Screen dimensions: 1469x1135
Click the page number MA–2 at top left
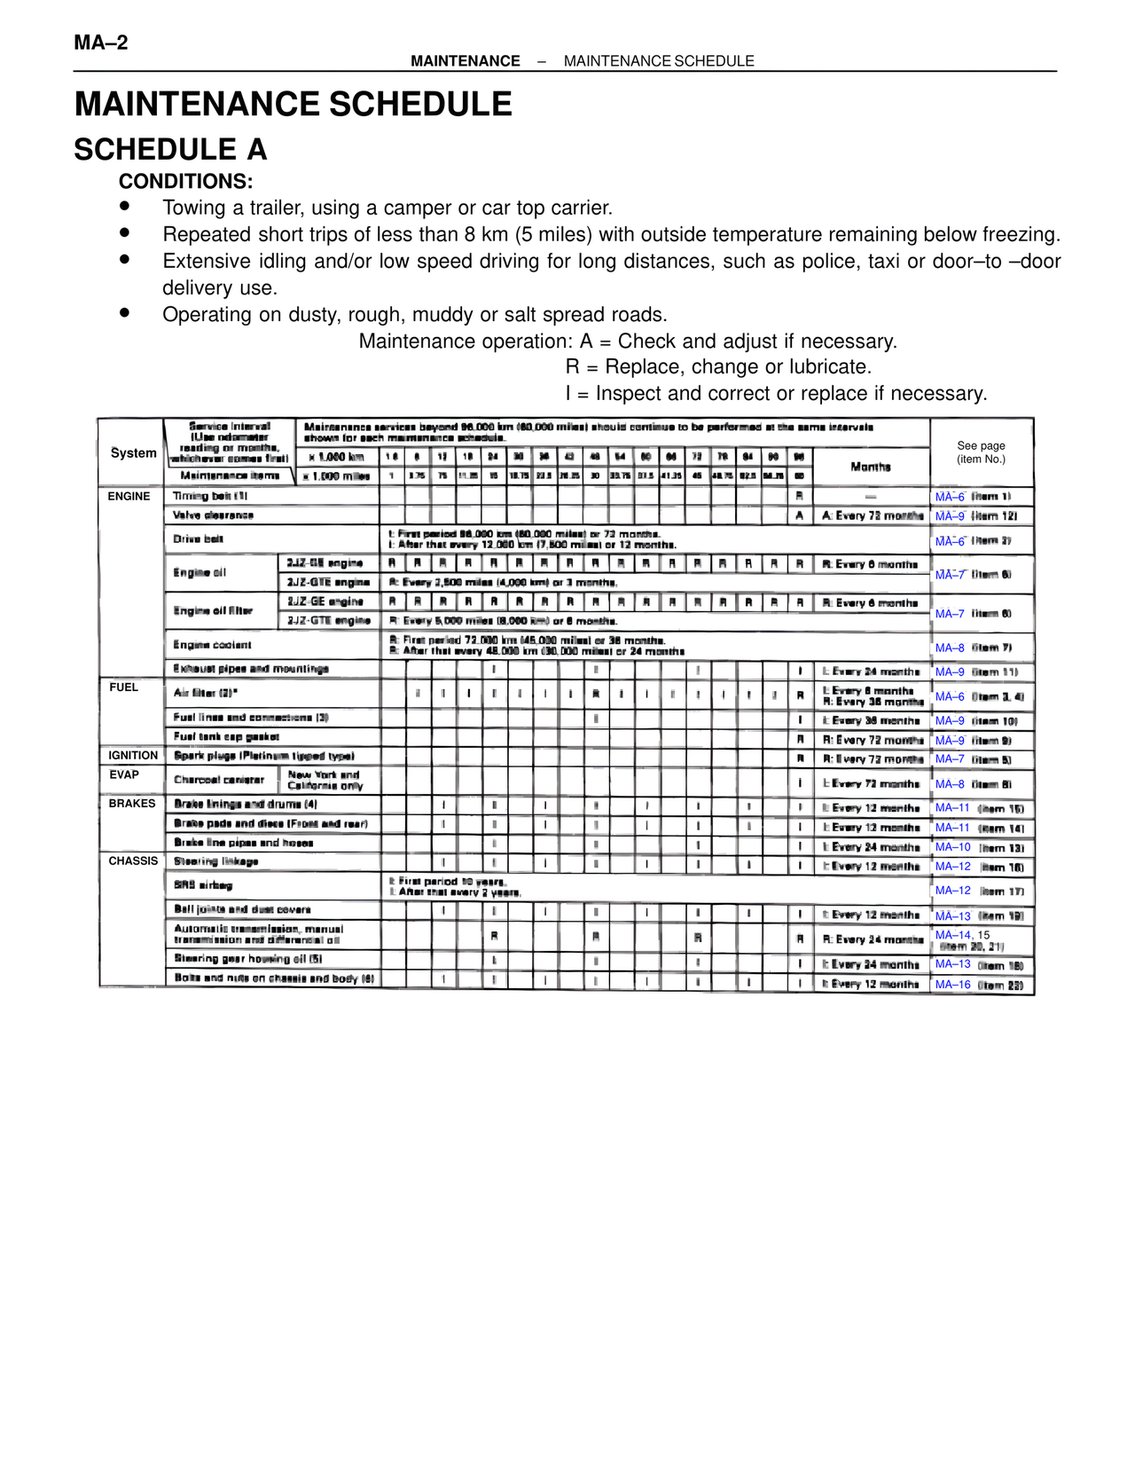(x=101, y=43)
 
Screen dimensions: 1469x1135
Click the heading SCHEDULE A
(x=170, y=150)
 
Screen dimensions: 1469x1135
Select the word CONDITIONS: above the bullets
(x=185, y=182)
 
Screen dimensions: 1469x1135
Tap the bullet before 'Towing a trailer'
(x=125, y=206)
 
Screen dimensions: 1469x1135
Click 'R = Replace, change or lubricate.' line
(x=718, y=367)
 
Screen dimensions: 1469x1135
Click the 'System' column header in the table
(x=133, y=453)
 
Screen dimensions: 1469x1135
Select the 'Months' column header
(x=870, y=467)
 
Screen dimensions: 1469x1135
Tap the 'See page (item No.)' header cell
(x=981, y=452)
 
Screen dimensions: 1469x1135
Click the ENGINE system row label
(x=129, y=497)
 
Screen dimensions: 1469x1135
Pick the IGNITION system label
(x=133, y=756)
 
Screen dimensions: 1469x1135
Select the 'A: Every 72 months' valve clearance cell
(x=872, y=515)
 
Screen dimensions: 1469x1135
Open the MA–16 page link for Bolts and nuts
(x=952, y=985)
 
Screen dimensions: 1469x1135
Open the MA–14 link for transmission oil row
(x=952, y=935)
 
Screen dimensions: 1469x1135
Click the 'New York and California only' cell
(x=325, y=781)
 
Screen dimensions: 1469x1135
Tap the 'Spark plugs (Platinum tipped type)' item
(x=264, y=756)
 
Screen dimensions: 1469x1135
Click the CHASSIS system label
(x=133, y=861)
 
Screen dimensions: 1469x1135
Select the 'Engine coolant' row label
(x=213, y=645)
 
